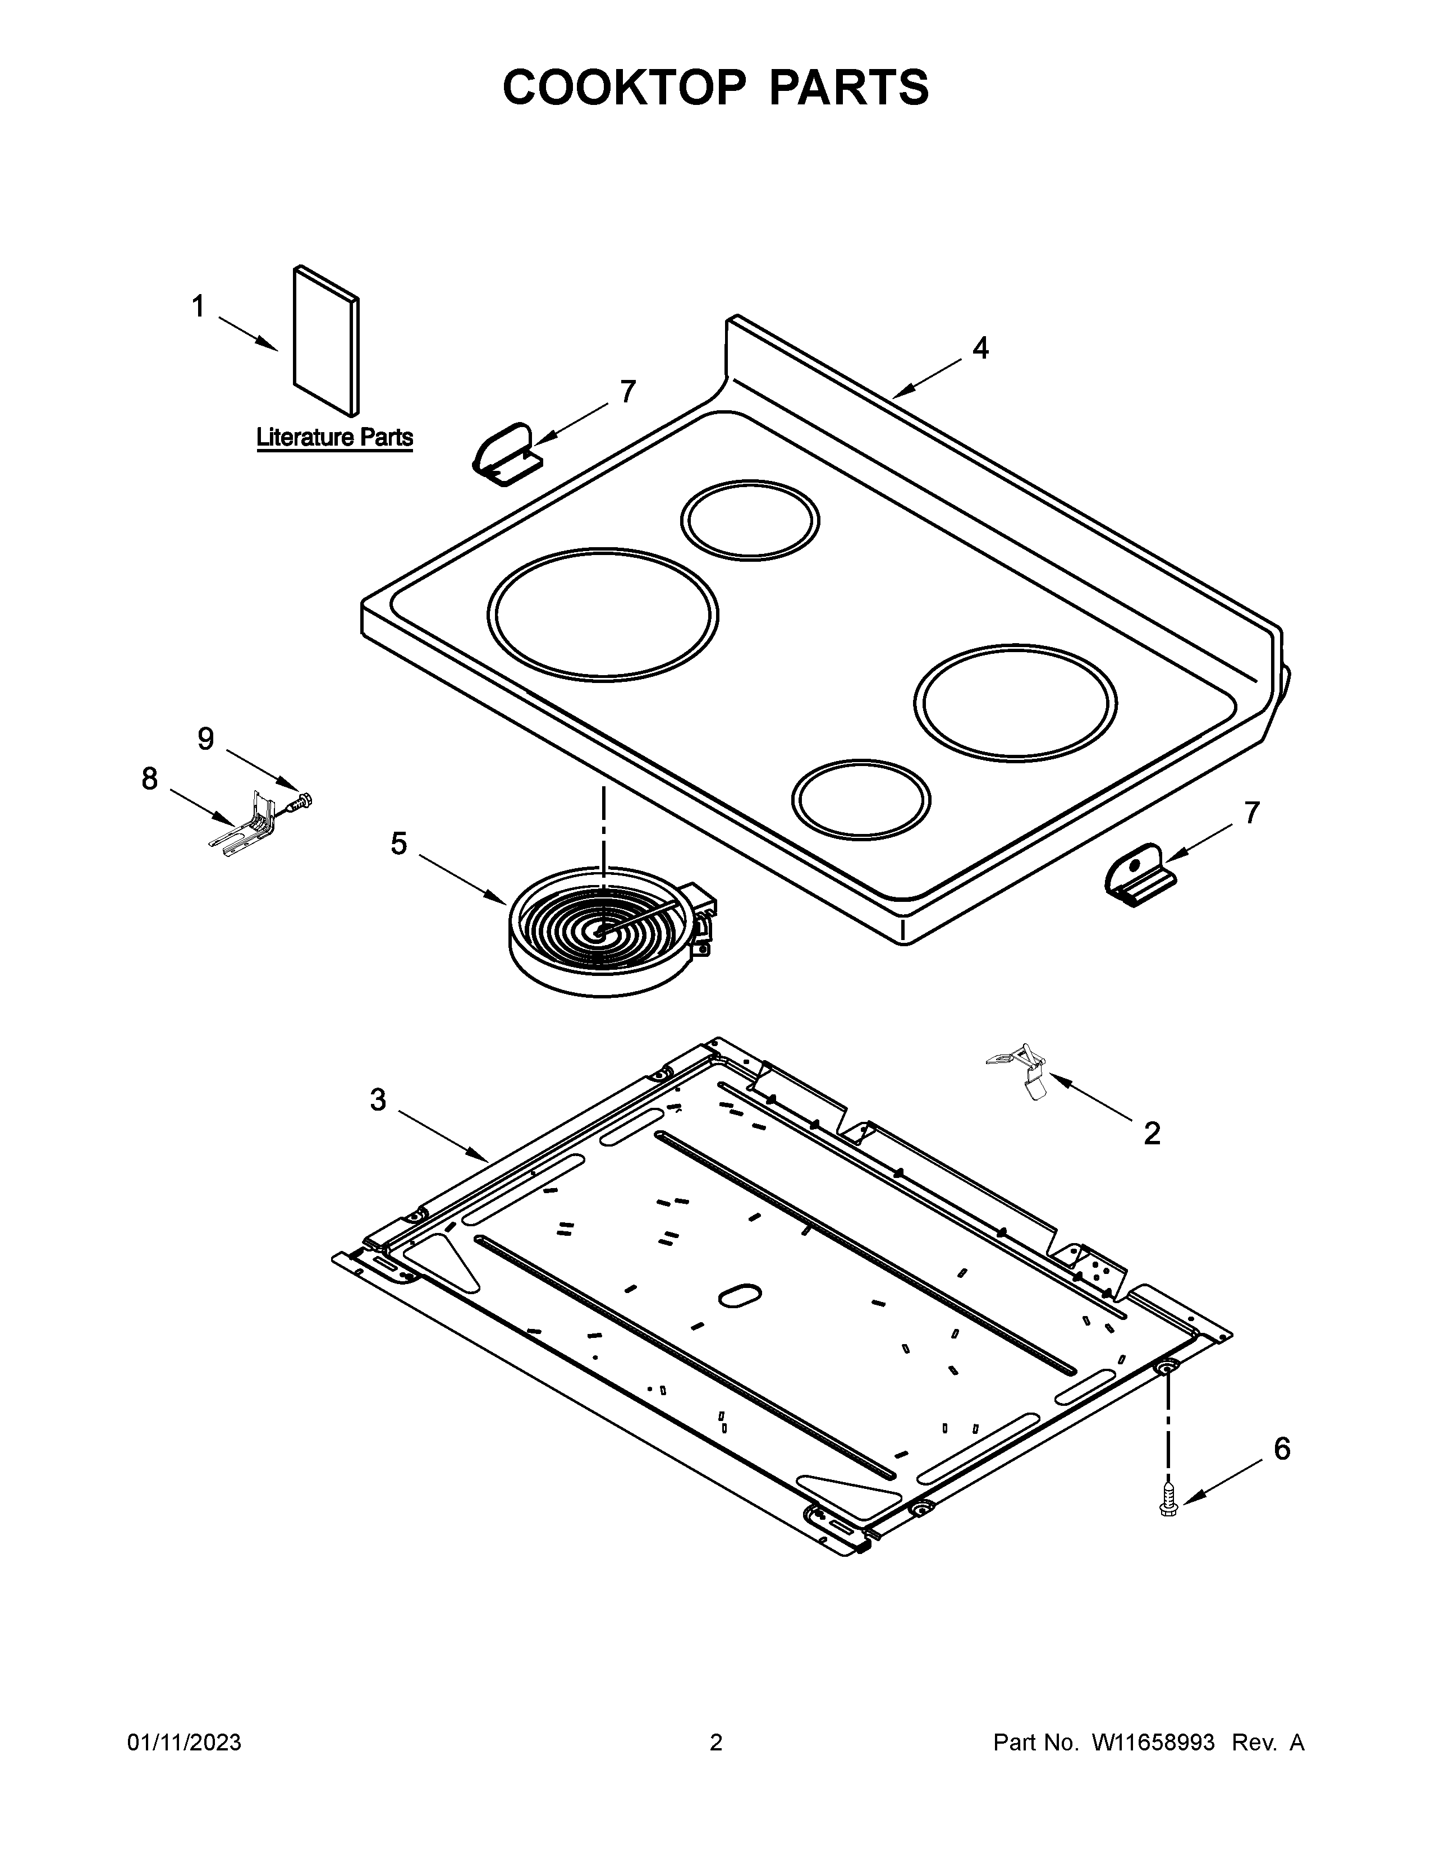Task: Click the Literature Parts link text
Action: [x=335, y=438]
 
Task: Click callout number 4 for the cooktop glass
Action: [x=980, y=348]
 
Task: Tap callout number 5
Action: [x=398, y=844]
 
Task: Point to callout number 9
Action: [x=206, y=740]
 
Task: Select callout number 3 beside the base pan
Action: [x=378, y=1101]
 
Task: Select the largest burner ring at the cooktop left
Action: [x=603, y=614]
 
